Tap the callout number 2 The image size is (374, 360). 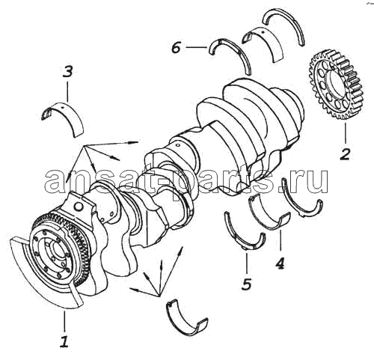point(346,154)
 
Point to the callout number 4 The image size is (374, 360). point(280,263)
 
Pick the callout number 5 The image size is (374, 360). point(246,284)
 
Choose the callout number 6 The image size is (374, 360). point(176,47)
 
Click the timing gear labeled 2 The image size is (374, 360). point(336,85)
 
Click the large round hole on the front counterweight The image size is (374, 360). point(79,206)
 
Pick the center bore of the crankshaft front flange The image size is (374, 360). point(55,254)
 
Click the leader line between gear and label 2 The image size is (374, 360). point(346,134)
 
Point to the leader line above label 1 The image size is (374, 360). point(64,321)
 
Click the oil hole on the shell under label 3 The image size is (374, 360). point(62,108)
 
